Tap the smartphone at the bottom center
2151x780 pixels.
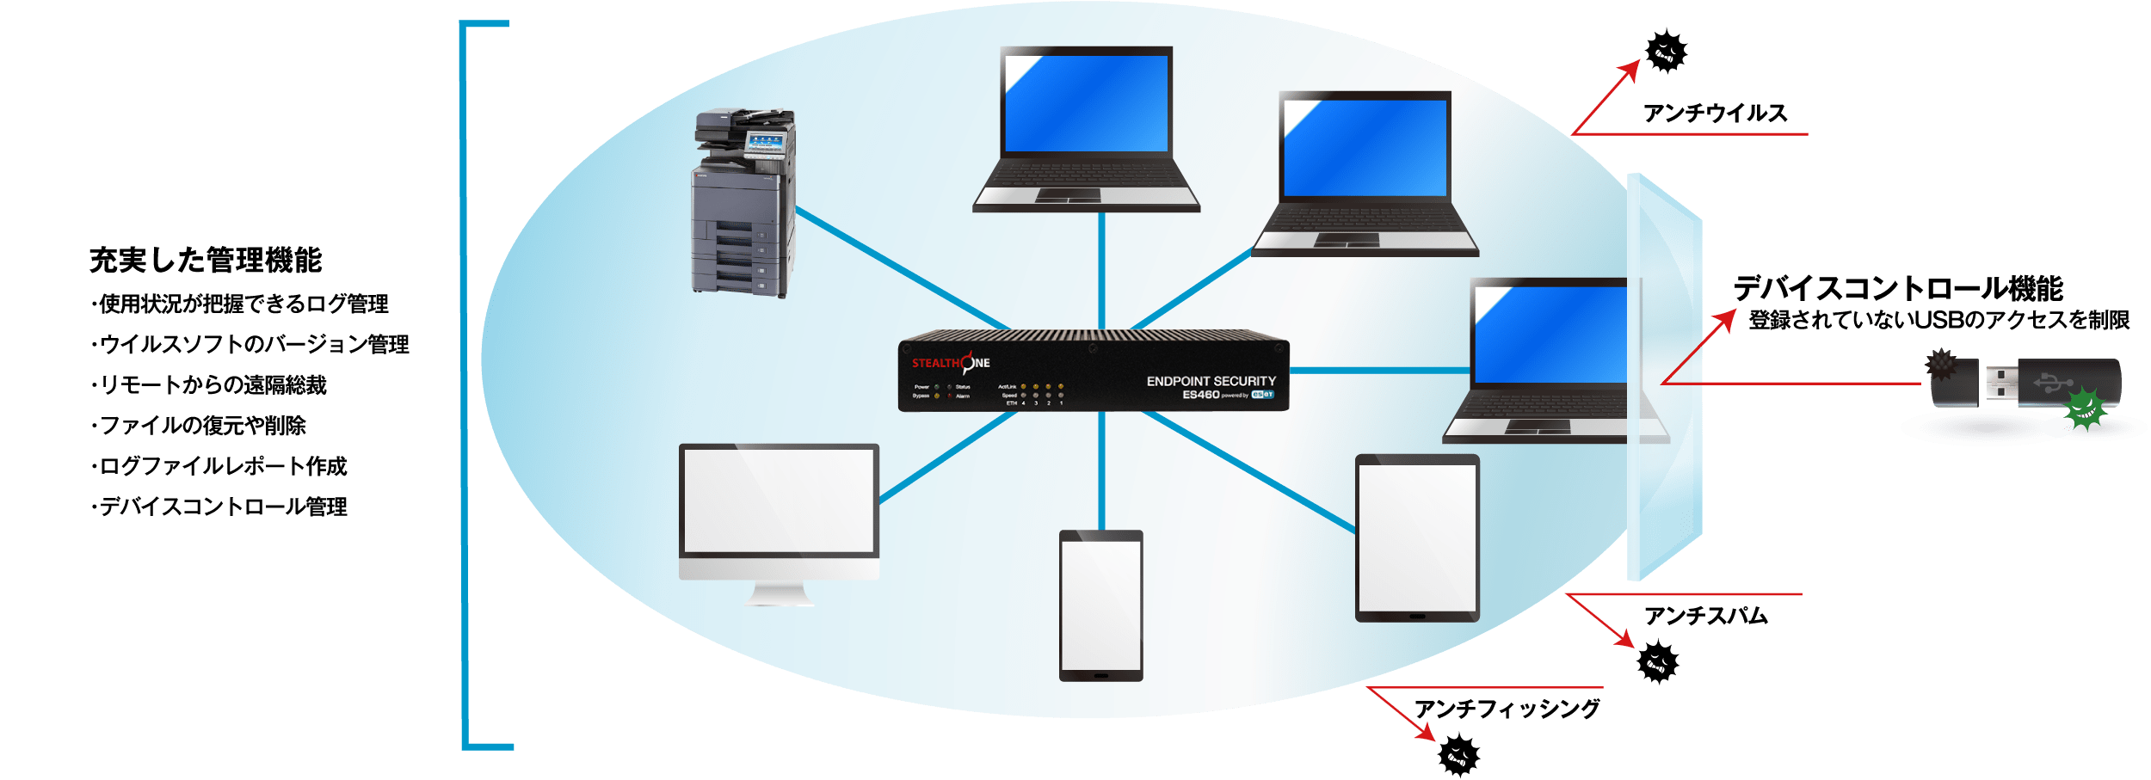coord(1100,605)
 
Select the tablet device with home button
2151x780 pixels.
coord(1417,537)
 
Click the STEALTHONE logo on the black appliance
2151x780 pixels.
coord(950,363)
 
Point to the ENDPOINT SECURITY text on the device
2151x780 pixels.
coord(1211,381)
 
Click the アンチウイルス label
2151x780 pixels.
coord(1715,114)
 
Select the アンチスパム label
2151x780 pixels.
coord(1705,616)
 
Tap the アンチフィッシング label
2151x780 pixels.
coord(1507,709)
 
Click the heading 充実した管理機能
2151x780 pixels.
coord(206,260)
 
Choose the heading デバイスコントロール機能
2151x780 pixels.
coord(1898,288)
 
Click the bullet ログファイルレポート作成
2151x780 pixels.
coord(222,466)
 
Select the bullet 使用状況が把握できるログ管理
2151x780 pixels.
coord(243,304)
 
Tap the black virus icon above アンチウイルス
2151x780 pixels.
coord(1666,52)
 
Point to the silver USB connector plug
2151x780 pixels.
coord(2001,384)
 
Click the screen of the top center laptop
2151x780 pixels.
coord(1086,103)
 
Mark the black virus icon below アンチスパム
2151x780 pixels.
coord(1657,662)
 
